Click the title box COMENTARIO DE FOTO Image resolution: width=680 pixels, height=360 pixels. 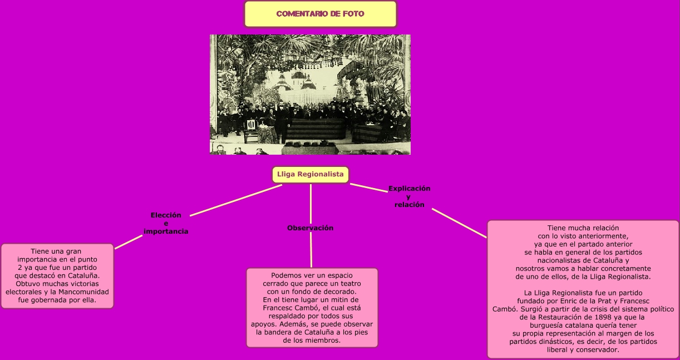click(320, 14)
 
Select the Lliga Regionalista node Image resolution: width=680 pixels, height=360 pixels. click(310, 175)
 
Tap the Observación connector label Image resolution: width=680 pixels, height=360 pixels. click(310, 228)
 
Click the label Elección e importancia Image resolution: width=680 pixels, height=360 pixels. click(166, 223)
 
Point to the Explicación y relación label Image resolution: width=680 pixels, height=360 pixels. click(409, 196)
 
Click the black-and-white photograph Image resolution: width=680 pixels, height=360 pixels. click(310, 95)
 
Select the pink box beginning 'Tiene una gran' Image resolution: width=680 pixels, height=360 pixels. click(57, 276)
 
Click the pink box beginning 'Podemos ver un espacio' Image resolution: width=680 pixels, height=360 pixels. click(312, 308)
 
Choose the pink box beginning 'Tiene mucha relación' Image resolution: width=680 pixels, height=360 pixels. click(583, 289)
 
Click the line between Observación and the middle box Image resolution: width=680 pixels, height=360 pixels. click(311, 250)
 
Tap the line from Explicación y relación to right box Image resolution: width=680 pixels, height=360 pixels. click(459, 223)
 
